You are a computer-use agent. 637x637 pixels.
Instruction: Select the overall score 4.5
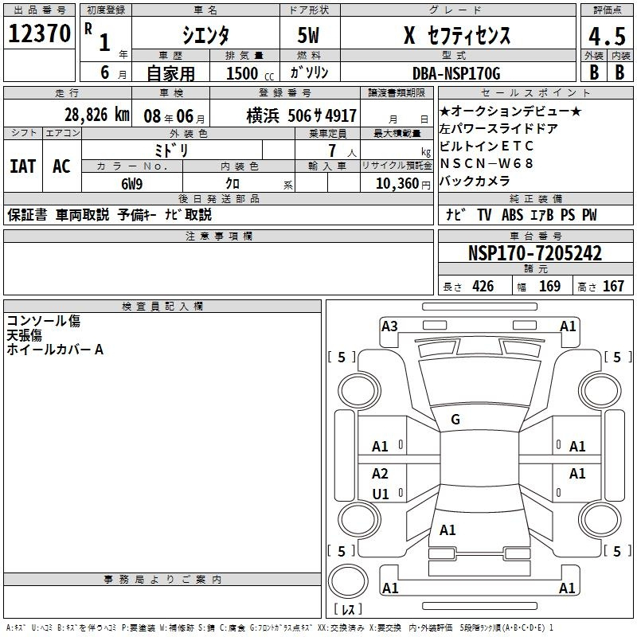[605, 36]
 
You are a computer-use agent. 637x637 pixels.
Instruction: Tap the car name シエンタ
[206, 36]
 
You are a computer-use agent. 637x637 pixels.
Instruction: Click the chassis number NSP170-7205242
[535, 254]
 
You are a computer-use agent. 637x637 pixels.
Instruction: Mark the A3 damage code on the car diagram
[389, 326]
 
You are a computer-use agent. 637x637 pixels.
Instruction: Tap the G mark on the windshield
[455, 420]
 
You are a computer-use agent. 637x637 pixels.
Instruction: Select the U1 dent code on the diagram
[381, 494]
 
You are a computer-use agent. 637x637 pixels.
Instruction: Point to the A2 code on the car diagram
[381, 474]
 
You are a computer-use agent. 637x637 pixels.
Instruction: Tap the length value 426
[483, 287]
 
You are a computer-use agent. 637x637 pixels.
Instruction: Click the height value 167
[613, 287]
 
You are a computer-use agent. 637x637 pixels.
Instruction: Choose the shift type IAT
[22, 166]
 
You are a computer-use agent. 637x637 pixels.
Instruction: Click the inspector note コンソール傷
[44, 321]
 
